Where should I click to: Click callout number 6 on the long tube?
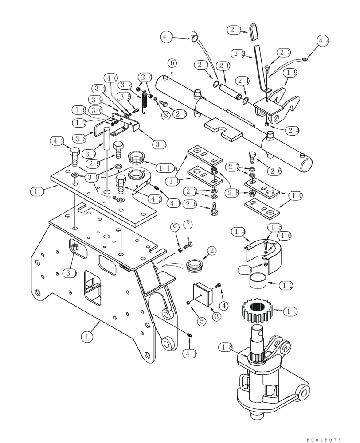(x=172, y=63)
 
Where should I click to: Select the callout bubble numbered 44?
(x=324, y=41)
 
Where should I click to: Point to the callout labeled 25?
(x=235, y=30)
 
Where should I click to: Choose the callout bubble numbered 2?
(x=211, y=251)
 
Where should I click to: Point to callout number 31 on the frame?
(x=69, y=272)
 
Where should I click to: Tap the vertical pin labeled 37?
(x=107, y=139)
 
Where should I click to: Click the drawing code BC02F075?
(x=324, y=439)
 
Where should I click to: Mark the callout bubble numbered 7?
(x=188, y=225)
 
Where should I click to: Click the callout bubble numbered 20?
(x=224, y=66)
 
